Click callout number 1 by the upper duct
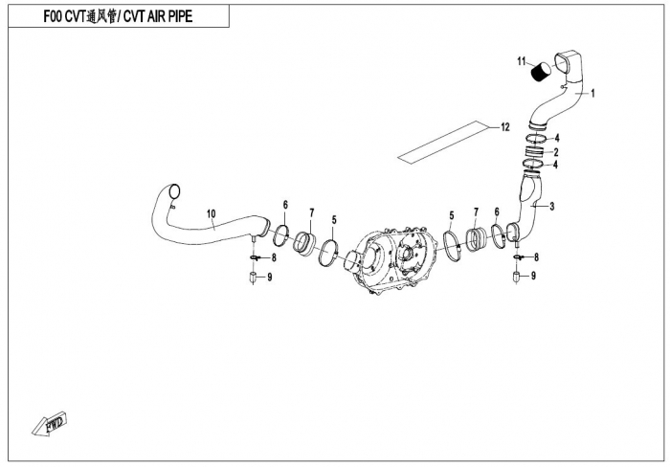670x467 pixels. point(592,94)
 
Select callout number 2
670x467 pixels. point(556,151)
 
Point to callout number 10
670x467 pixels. point(212,212)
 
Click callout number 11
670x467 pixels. point(523,62)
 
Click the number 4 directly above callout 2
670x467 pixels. point(556,138)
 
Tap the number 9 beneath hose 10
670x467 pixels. point(270,278)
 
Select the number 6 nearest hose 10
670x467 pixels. point(284,206)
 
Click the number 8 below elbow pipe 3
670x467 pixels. point(536,257)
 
